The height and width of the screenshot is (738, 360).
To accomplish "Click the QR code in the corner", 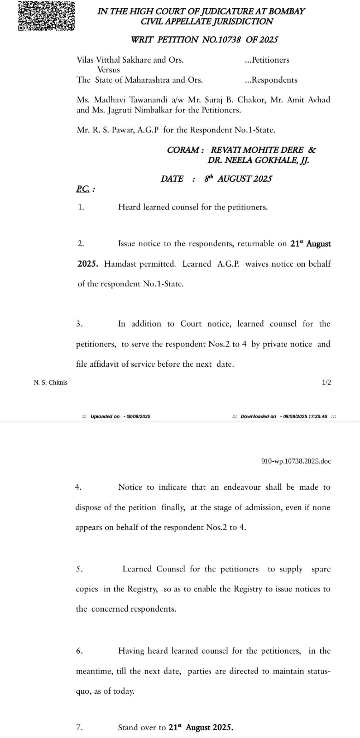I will pyautogui.click(x=46, y=15).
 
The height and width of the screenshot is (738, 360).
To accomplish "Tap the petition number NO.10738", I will pyautogui.click(x=221, y=40).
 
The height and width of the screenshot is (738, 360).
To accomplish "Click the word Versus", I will pyautogui.click(x=108, y=70).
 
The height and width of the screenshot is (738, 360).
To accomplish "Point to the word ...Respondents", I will pyautogui.click(x=271, y=80).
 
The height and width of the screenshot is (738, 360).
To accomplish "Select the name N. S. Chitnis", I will pyautogui.click(x=51, y=382).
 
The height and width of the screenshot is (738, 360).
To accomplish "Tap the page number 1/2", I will pyautogui.click(x=326, y=382).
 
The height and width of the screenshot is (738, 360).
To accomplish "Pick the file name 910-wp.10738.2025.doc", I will pyautogui.click(x=296, y=461).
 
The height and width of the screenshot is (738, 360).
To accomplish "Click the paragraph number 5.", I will pyautogui.click(x=79, y=569).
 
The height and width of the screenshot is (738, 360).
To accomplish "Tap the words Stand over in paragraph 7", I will pyautogui.click(x=137, y=727).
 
